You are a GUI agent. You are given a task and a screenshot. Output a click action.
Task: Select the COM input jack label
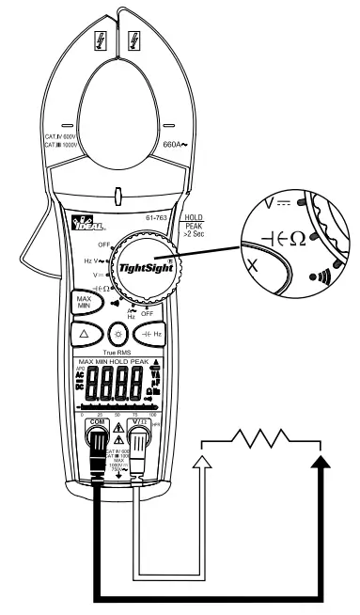[96, 396]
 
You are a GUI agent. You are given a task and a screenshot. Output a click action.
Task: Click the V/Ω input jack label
[140, 396]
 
